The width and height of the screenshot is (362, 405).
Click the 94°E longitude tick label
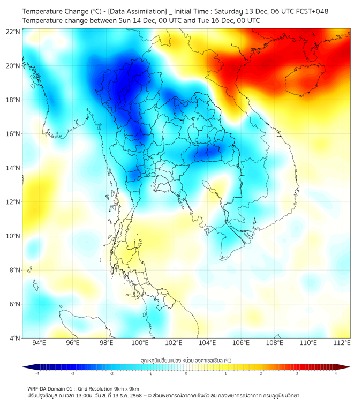click(x=39, y=343)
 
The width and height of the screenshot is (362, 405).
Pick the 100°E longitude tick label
click(x=140, y=343)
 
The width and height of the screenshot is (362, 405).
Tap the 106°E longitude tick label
click(x=241, y=343)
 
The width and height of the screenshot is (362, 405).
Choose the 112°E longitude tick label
click(x=342, y=343)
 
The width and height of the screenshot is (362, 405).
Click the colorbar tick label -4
click(x=37, y=373)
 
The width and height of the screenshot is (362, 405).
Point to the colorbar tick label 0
click(x=186, y=373)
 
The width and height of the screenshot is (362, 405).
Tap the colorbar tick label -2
click(x=111, y=373)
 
